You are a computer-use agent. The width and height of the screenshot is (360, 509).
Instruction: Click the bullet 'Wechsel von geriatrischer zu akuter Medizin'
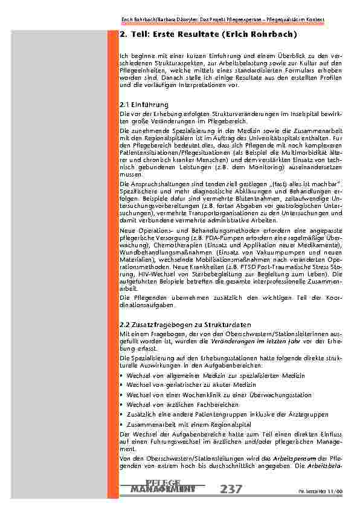191,384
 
